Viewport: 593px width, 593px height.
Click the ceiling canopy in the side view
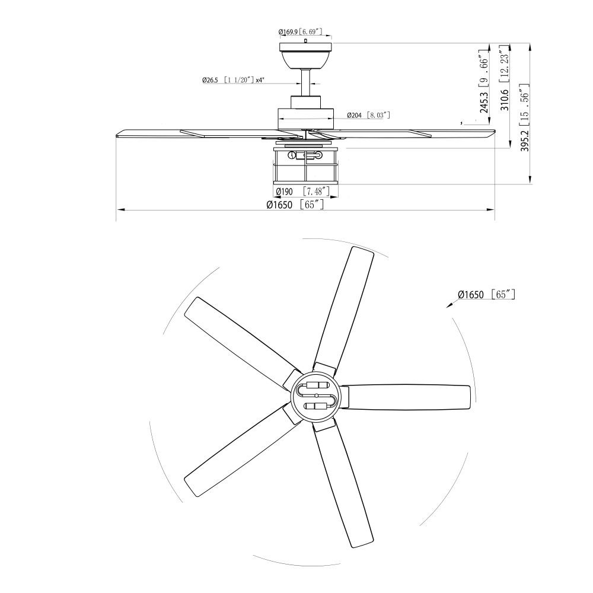[305, 55]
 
